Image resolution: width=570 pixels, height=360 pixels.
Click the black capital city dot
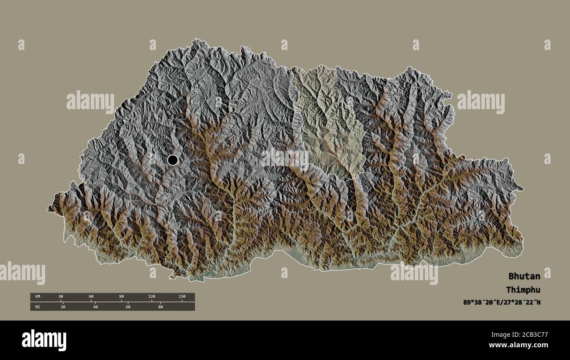[x=173, y=160]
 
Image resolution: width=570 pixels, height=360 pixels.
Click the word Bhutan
[x=524, y=276]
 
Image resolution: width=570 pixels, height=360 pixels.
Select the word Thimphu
[x=523, y=290]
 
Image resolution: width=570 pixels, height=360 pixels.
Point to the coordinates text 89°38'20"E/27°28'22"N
[x=502, y=302]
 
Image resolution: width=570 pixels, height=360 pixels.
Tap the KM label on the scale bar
[x=38, y=297]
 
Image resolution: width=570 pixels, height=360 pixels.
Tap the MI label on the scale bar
[x=38, y=307]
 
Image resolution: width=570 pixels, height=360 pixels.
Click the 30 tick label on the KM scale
[x=61, y=297]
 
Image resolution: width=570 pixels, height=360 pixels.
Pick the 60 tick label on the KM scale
[x=91, y=297]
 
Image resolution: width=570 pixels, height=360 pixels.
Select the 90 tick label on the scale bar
[x=121, y=297]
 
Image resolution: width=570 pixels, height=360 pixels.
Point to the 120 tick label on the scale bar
[x=151, y=297]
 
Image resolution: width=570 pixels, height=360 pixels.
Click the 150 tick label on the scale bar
[x=182, y=297]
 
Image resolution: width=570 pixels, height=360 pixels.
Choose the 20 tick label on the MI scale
[x=63, y=307]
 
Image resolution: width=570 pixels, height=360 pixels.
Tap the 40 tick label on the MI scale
[x=95, y=307]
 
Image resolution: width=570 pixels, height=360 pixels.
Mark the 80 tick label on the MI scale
[x=160, y=307]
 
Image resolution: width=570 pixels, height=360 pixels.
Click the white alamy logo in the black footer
[x=44, y=340]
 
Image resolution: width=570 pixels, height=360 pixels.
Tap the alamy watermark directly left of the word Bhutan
[x=414, y=273]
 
